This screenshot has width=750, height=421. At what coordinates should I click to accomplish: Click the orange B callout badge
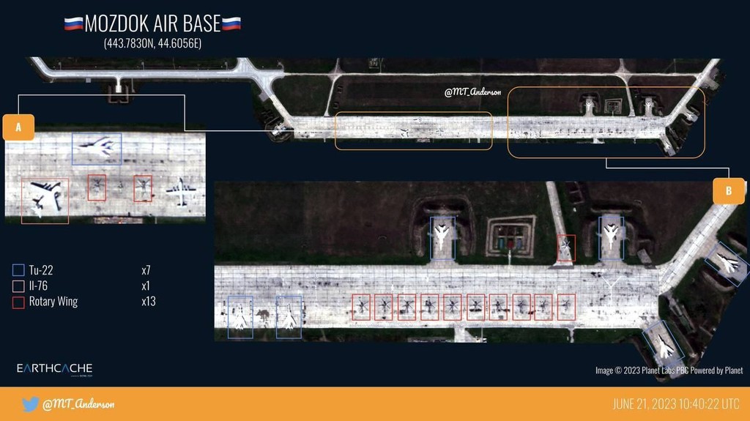[x=728, y=191]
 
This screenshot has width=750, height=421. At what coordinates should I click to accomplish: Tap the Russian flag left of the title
[x=73, y=23]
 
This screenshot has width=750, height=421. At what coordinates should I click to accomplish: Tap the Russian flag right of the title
[x=231, y=23]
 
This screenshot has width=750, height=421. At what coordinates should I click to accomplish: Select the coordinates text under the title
[x=152, y=44]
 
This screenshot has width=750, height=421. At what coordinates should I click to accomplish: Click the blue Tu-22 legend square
[x=19, y=270]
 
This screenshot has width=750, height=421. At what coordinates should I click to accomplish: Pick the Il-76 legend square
[x=19, y=286]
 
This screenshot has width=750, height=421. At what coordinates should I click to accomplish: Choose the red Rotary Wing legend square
[x=19, y=301]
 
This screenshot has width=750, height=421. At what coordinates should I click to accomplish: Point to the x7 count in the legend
[x=146, y=270]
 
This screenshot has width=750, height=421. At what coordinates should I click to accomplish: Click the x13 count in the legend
[x=148, y=301]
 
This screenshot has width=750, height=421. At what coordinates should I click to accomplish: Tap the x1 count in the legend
[x=146, y=286]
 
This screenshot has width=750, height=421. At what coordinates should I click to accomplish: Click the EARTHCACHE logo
[x=54, y=368]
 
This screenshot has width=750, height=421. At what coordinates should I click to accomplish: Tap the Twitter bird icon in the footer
[x=30, y=404]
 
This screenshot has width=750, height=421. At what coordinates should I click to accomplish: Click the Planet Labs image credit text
[x=669, y=370]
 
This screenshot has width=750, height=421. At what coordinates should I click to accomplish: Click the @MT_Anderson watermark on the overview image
[x=473, y=92]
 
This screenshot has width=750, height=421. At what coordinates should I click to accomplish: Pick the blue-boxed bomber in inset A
[x=97, y=149]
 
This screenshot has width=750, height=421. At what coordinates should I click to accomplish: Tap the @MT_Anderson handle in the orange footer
[x=79, y=404]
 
